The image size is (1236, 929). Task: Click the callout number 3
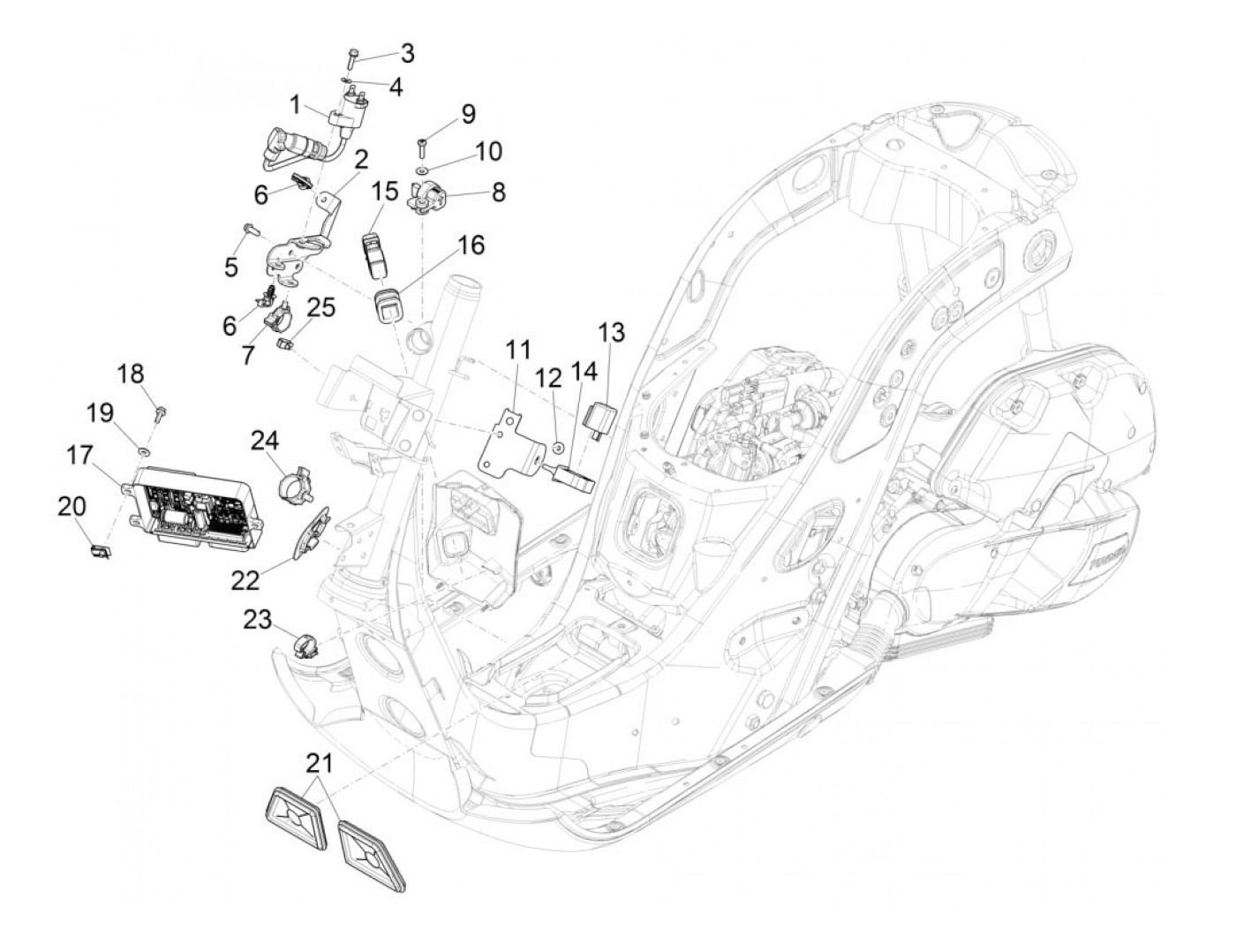(407, 54)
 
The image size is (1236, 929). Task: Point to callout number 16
(471, 245)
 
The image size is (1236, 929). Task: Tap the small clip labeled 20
(101, 551)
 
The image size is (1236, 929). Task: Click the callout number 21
(320, 764)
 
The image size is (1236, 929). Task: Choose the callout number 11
(517, 351)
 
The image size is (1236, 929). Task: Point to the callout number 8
(498, 192)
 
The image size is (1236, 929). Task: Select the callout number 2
(360, 160)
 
